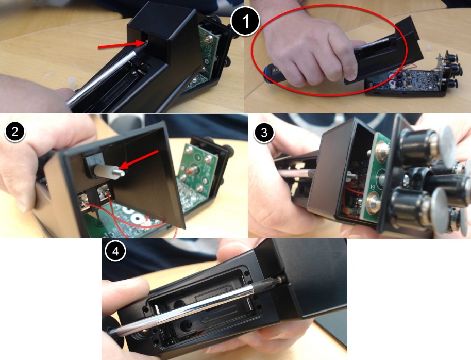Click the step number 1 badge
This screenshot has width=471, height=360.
click(245, 21)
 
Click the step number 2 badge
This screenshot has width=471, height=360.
click(15, 132)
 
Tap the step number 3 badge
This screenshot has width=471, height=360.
click(264, 133)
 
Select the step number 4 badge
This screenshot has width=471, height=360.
click(115, 251)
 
